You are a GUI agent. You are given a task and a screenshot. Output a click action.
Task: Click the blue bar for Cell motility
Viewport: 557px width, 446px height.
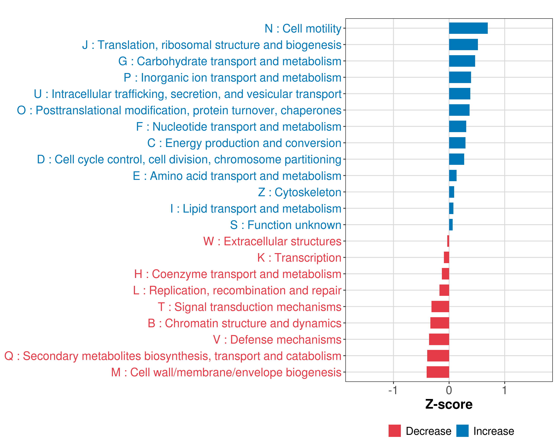coord(468,28)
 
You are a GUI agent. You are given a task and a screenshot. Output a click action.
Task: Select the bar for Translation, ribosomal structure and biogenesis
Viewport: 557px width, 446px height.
coord(463,44)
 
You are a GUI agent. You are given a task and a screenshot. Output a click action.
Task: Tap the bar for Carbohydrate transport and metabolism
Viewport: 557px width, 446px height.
coord(462,61)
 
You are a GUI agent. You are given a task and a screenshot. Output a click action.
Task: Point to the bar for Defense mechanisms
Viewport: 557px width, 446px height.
coord(439,339)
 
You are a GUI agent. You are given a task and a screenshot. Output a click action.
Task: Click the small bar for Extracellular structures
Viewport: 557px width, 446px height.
coord(448,241)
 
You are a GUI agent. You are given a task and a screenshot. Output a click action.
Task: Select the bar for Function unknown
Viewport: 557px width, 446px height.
coord(451,225)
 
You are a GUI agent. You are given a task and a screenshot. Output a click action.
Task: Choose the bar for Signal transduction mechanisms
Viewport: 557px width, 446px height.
coord(440,307)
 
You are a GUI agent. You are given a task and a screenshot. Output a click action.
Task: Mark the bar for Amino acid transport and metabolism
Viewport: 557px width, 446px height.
coord(453,176)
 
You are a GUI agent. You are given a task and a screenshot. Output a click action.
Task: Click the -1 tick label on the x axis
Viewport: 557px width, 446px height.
coord(393,390)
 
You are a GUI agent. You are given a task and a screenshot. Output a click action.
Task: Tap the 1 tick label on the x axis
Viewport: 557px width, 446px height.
coord(504,390)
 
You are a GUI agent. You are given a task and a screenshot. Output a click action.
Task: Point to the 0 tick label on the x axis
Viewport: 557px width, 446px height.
coord(449,390)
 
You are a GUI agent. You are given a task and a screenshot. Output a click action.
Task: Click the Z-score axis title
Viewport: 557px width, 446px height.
coord(449,404)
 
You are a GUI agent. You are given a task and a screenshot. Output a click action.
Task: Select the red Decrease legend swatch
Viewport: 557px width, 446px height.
coord(395,431)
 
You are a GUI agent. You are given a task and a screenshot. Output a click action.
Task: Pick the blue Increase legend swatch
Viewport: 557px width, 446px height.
coord(462,431)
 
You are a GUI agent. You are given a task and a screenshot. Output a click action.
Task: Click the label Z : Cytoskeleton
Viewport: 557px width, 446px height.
coord(300,192)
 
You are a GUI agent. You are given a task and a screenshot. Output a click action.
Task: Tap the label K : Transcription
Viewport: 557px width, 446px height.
coord(299,258)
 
